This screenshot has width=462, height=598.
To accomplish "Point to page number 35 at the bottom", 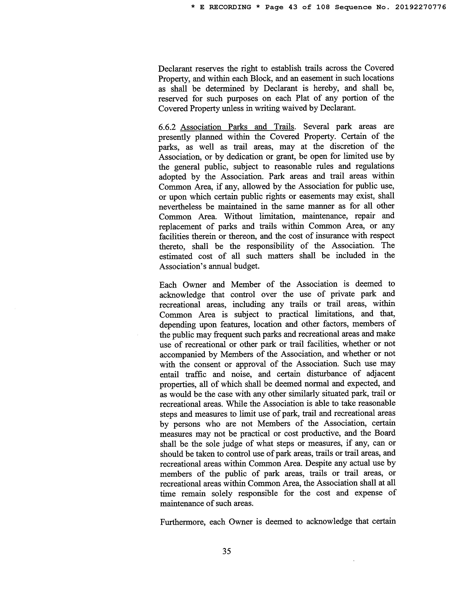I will tap(227, 551).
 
